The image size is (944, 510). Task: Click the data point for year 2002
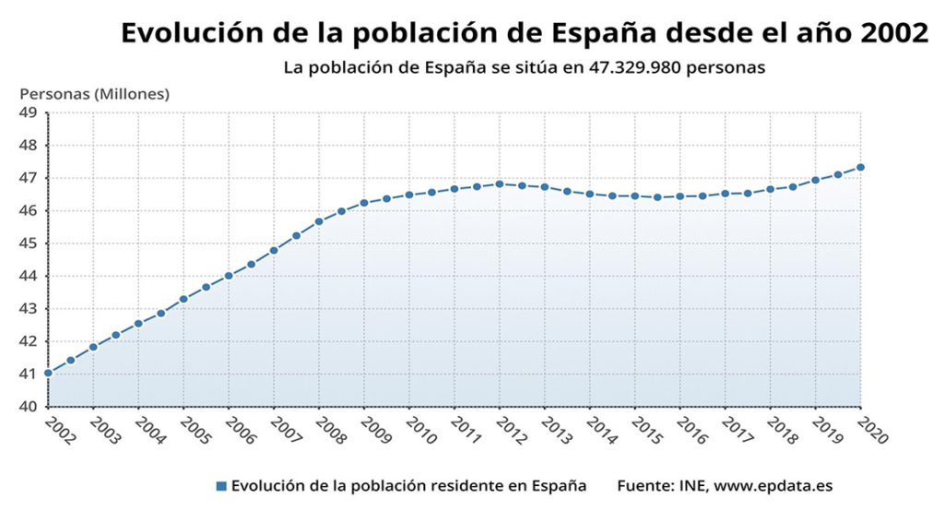[48, 374]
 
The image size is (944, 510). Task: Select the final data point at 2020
[860, 167]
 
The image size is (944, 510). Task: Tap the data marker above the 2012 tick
[500, 184]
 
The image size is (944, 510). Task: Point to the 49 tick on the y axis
[27, 113]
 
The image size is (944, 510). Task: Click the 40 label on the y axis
[27, 407]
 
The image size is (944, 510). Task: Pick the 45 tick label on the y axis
[27, 243]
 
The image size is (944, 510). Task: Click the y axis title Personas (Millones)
[95, 93]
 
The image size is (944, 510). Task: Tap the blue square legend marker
[220, 485]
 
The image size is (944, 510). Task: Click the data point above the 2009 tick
[364, 203]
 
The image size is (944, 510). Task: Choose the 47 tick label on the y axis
[27, 178]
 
